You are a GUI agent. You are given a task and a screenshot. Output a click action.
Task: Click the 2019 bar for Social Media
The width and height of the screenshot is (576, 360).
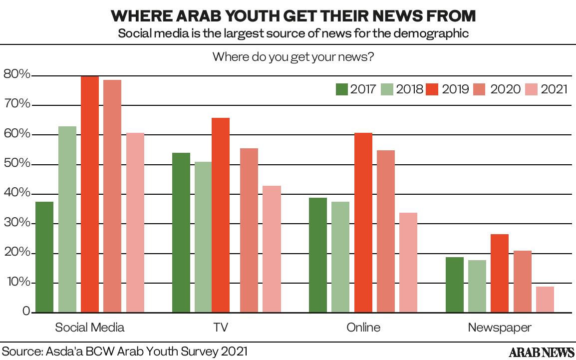tap(90, 194)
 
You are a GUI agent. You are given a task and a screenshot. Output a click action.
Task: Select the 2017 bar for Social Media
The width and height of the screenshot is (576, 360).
tap(44, 257)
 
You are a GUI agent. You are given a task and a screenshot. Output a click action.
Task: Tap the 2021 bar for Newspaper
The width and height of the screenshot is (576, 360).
tap(545, 300)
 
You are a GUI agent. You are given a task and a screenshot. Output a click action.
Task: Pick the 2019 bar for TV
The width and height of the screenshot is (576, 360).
tap(221, 215)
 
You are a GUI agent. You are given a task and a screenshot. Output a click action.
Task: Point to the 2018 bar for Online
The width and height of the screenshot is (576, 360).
tap(340, 257)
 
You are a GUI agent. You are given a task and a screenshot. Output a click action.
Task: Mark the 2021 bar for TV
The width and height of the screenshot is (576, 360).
tap(272, 249)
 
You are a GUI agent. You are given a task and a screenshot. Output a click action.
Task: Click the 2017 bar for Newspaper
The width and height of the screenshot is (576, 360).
tap(454, 285)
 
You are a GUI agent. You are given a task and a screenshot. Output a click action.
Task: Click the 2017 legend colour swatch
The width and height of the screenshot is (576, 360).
tap(341, 89)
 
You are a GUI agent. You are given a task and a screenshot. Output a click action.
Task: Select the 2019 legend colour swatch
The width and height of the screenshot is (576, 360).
tap(433, 89)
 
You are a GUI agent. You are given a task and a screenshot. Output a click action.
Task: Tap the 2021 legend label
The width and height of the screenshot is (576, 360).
tap(554, 89)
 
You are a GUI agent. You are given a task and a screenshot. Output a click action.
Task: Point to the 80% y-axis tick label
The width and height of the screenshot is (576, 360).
tap(17, 75)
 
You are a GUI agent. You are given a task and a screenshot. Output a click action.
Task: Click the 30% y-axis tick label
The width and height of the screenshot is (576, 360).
tap(17, 223)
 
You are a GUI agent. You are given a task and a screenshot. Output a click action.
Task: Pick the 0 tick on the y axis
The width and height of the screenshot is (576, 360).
tap(26, 312)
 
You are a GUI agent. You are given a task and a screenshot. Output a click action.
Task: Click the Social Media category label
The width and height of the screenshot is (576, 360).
tap(90, 328)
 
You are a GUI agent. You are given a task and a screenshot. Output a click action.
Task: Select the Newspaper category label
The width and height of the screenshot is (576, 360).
tap(500, 328)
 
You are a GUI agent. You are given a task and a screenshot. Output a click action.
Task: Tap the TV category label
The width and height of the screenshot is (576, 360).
tap(221, 328)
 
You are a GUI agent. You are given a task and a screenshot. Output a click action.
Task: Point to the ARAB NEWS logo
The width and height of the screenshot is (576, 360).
tap(541, 353)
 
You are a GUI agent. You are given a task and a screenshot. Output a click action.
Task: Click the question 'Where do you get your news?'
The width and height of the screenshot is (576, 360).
tap(293, 56)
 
